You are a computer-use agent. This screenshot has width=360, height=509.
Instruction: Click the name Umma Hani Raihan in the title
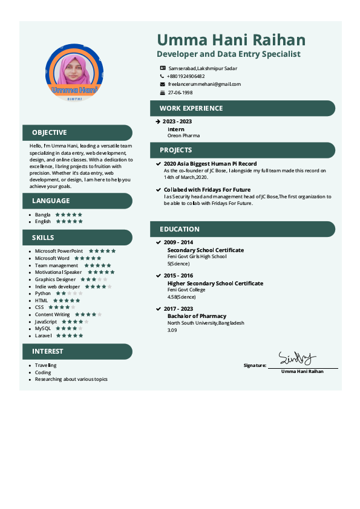pyautogui.click(x=231, y=41)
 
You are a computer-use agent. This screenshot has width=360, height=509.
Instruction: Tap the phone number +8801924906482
pyautogui.click(x=186, y=77)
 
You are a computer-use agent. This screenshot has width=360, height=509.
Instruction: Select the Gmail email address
pyautogui.click(x=205, y=85)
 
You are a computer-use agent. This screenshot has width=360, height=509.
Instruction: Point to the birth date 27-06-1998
pyautogui.click(x=180, y=93)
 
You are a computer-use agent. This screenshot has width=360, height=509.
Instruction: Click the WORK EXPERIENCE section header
pyautogui.click(x=191, y=109)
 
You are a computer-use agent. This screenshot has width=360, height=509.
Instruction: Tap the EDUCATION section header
pyautogui.click(x=180, y=230)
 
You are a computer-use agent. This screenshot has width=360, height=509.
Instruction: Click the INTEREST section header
pyautogui.click(x=48, y=351)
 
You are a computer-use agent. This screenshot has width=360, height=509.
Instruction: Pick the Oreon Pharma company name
pyautogui.click(x=183, y=136)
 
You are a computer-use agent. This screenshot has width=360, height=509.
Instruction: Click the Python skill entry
pyautogui.click(x=43, y=293)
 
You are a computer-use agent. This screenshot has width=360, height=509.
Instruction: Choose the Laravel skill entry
pyautogui.click(x=44, y=336)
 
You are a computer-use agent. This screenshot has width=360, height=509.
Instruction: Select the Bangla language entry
pyautogui.click(x=42, y=215)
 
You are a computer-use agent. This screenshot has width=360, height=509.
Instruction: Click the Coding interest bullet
pyautogui.click(x=43, y=372)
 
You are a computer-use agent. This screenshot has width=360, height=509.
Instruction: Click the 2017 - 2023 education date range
pyautogui.click(x=178, y=309)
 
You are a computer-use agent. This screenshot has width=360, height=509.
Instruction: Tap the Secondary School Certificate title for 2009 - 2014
pyautogui.click(x=205, y=250)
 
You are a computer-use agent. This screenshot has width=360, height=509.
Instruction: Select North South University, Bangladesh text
pyautogui.click(x=205, y=323)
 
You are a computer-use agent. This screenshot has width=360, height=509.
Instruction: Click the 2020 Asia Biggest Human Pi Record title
pyautogui.click(x=210, y=164)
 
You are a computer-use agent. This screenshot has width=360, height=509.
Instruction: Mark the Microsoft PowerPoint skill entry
pyautogui.click(x=59, y=251)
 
